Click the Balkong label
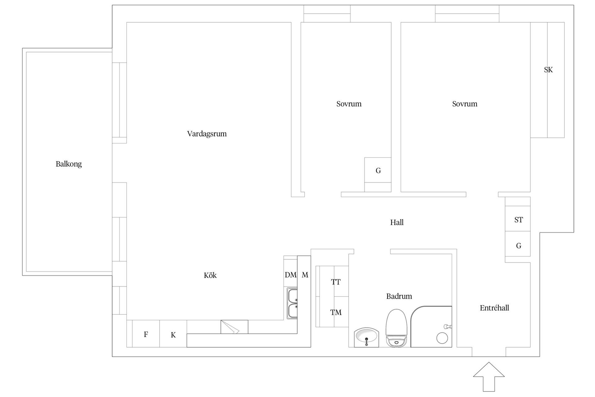point(69,164)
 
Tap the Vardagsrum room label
point(207,134)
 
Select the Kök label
point(210,275)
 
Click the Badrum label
point(399,296)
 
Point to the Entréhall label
point(494,308)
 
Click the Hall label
point(397,222)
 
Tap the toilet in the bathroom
point(396,328)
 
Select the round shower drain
point(442,338)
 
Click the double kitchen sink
point(293,304)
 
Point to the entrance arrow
point(489,377)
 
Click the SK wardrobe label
point(548,70)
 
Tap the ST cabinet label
point(518,220)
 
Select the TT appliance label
point(336,282)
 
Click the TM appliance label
point(336,312)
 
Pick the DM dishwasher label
point(291,275)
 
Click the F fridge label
point(146,334)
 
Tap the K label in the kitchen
point(173,335)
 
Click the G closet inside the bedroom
point(378,170)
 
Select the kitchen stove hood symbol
point(234,327)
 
